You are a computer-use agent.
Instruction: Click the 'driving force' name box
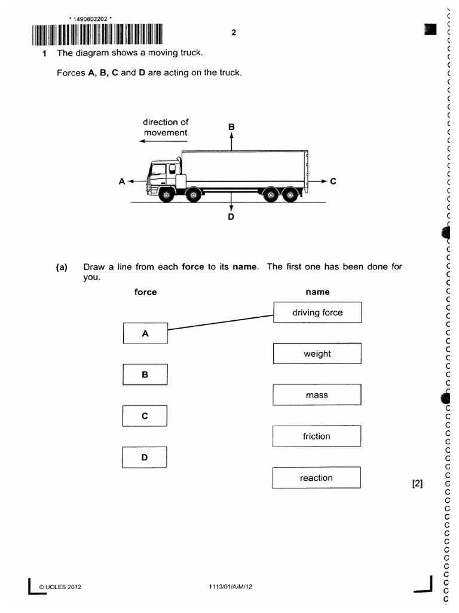[x=317, y=312]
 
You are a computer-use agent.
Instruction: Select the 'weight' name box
[x=317, y=354]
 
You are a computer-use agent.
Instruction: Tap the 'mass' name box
[x=317, y=395]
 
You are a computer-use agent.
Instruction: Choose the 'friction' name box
[x=317, y=436]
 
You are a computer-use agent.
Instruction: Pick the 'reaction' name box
[x=317, y=478]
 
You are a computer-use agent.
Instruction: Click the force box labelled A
[x=145, y=333]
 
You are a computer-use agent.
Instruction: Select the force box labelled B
[x=145, y=375]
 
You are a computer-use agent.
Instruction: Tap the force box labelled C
[x=145, y=416]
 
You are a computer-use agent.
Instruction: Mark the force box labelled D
[x=145, y=457]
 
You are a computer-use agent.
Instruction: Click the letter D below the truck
[x=231, y=217]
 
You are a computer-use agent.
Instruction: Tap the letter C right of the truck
[x=333, y=180]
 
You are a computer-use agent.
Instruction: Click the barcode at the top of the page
[x=96, y=35]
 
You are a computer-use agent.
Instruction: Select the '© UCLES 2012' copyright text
[x=60, y=587]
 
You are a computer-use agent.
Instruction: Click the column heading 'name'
[x=317, y=292]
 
